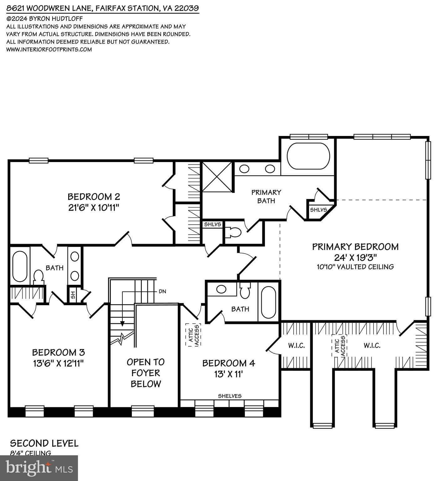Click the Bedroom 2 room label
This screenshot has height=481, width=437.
[94, 197]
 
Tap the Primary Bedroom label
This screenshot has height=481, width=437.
[355, 247]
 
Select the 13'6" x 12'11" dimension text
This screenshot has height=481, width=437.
[58, 363]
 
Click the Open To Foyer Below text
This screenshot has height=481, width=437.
[146, 373]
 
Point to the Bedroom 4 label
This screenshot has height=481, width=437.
[229, 363]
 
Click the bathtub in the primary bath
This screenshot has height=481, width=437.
[308, 156]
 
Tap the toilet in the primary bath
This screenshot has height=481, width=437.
[234, 232]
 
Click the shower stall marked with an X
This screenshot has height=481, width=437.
[217, 177]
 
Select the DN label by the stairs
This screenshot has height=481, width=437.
[162, 291]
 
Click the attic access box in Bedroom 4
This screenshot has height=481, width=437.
[193, 335]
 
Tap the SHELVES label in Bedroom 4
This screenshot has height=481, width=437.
[229, 396]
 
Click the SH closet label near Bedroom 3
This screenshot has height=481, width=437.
[73, 295]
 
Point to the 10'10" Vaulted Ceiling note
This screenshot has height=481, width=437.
[355, 267]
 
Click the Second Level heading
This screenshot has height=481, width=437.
[44, 443]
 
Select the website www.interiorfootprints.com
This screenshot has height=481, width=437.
[49, 49]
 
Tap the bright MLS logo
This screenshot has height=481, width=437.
[39, 468]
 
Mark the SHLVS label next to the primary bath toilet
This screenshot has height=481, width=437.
[213, 224]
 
